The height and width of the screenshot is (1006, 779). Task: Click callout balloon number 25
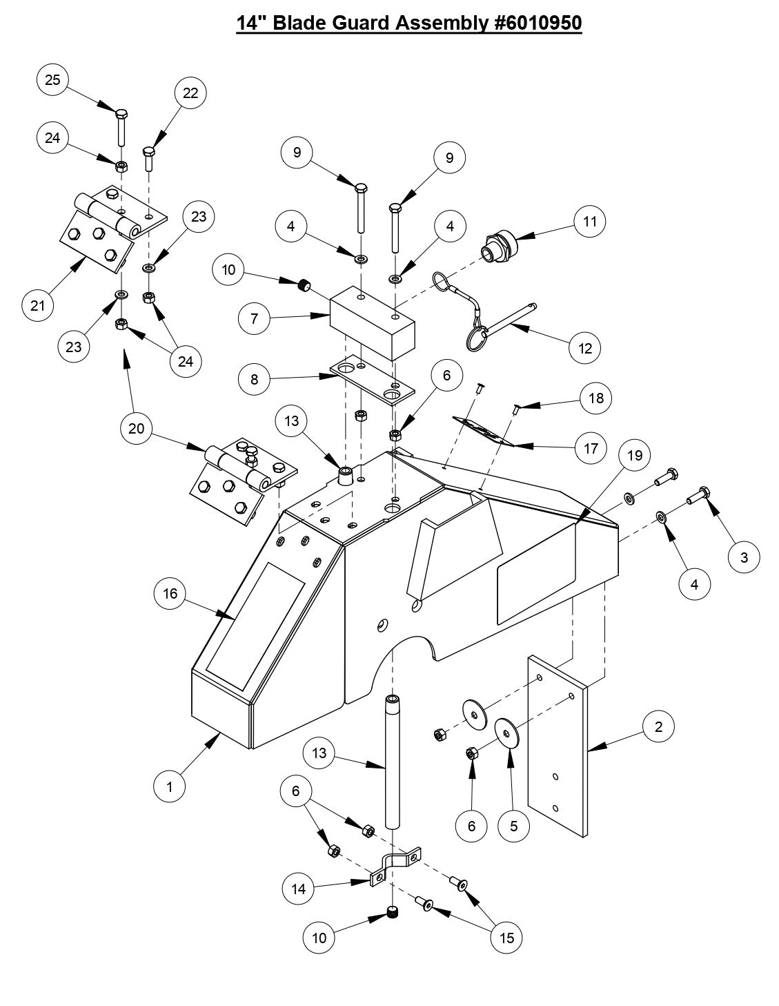click(x=53, y=80)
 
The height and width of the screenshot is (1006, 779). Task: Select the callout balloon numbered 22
click(x=190, y=93)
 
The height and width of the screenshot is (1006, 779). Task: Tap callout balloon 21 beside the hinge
click(x=38, y=304)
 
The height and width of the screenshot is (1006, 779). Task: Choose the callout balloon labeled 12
click(x=585, y=348)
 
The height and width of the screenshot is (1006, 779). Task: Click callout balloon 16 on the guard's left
click(x=170, y=593)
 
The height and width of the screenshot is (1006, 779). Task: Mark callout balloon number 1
click(x=170, y=786)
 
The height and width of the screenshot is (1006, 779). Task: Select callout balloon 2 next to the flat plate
click(x=659, y=726)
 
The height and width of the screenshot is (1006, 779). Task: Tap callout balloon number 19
click(x=634, y=455)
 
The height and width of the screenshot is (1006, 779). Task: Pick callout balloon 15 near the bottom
click(x=507, y=937)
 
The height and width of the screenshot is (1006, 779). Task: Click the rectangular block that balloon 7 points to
click(x=373, y=323)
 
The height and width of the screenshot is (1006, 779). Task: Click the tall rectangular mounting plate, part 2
click(x=558, y=746)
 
